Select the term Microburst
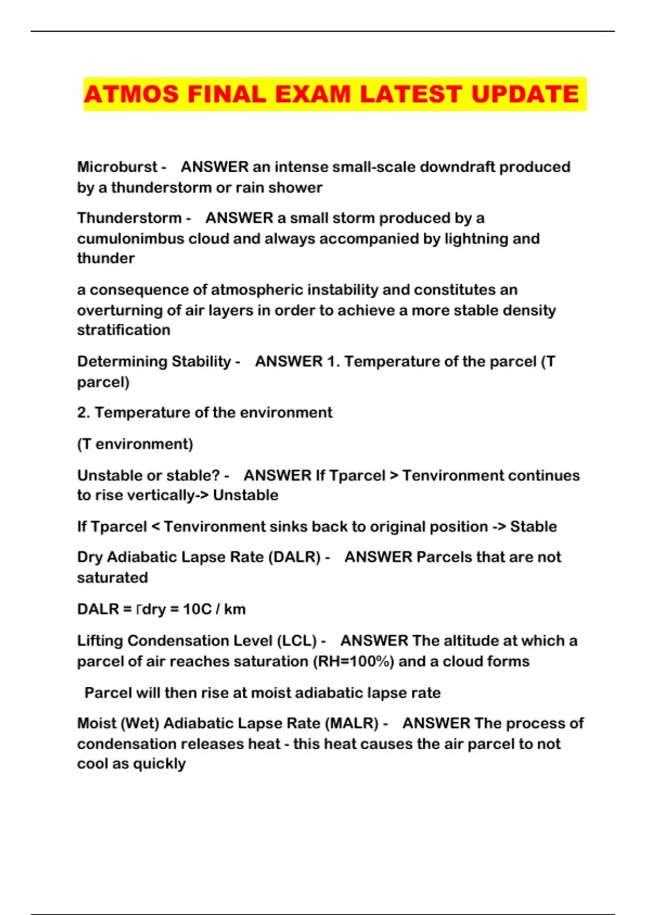pyautogui.click(x=117, y=167)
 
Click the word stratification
pyautogui.click(x=123, y=330)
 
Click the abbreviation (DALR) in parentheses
pyautogui.click(x=294, y=557)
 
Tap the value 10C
pyautogui.click(x=197, y=609)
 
